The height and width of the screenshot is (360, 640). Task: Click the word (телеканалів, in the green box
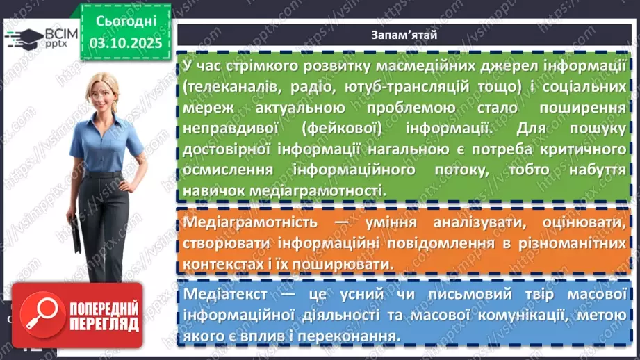226,88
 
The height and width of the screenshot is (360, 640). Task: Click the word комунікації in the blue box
514,315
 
